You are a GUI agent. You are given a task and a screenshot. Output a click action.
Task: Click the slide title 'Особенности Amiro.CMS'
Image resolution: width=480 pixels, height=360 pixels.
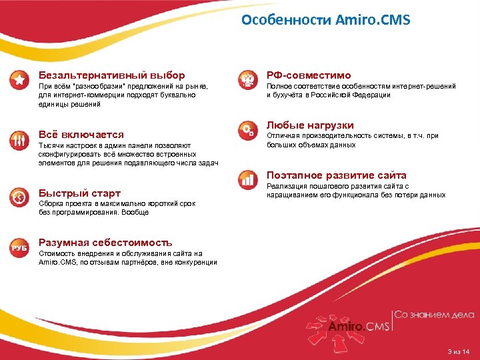[325, 20]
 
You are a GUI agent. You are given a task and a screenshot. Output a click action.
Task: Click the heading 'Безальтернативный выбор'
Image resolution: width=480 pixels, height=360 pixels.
[111, 75]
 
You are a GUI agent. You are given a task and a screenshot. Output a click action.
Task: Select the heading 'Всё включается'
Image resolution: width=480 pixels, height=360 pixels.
[81, 135]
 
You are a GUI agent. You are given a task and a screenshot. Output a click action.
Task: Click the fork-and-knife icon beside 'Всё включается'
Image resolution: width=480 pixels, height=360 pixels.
[19, 140]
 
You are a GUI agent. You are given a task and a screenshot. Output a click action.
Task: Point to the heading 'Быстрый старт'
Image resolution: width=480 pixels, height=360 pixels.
[79, 193]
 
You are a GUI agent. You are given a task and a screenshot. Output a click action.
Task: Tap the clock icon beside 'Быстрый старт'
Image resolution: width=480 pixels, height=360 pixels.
[19, 197]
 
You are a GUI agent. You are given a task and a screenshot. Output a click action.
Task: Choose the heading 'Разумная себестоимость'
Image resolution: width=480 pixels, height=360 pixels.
[105, 243]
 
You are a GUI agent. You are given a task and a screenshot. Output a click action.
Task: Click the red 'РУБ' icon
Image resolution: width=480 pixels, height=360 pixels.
[19, 248]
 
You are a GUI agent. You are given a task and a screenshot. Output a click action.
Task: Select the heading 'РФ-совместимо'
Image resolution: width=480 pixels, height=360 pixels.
[309, 75]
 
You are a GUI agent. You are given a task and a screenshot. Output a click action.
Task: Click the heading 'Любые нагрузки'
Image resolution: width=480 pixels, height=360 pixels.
[310, 125]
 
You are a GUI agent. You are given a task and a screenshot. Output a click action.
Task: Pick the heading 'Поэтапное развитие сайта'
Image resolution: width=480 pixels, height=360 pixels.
[336, 175]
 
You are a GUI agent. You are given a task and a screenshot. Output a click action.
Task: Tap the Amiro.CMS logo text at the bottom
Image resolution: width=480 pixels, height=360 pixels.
[356, 326]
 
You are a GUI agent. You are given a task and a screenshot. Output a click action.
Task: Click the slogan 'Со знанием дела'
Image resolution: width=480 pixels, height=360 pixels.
[435, 315]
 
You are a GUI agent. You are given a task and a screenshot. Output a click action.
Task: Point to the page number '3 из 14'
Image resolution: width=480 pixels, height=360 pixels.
[459, 351]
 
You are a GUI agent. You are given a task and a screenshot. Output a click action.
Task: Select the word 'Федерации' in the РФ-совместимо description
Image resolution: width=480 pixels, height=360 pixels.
[370, 95]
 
